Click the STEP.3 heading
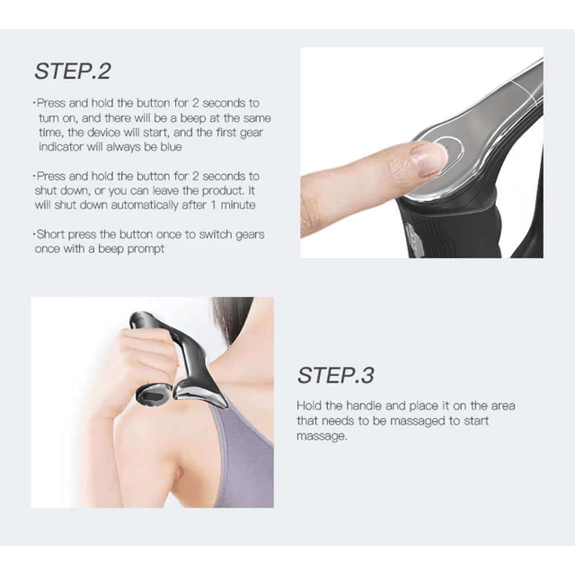pos(335,375)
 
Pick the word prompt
pos(147,249)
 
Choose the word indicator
pos(62,147)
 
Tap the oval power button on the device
pos(450,151)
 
